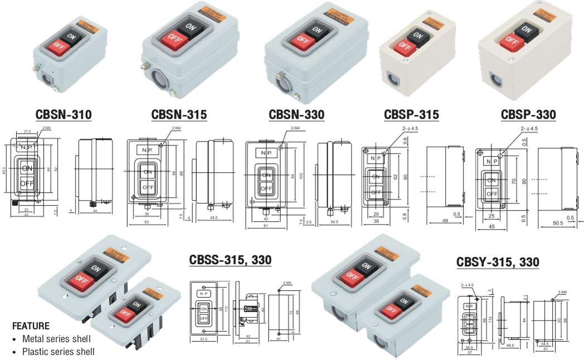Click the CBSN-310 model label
64,115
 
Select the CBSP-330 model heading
528,115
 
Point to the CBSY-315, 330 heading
497,261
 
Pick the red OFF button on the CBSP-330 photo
510,40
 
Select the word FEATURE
31,326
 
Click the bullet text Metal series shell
56,339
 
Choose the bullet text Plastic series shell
58,352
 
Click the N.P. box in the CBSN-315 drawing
147,151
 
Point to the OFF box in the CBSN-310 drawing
27,183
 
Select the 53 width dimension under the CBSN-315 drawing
146,222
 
